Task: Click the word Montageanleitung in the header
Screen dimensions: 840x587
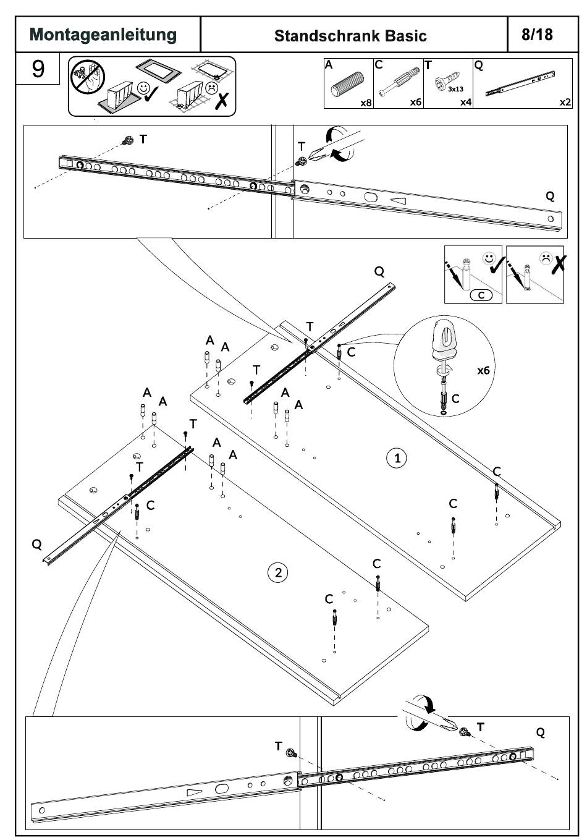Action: [103, 35]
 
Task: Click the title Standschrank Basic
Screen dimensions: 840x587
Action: [350, 36]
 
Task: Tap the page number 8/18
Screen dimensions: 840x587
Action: [537, 34]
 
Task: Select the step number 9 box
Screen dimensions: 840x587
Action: [38, 68]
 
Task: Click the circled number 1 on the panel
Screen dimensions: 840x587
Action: [397, 458]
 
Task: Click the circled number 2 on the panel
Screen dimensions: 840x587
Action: [277, 572]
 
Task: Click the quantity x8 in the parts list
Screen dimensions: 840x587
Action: [366, 103]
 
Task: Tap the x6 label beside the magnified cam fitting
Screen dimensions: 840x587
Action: [483, 370]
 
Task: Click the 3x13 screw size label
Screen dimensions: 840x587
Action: [456, 89]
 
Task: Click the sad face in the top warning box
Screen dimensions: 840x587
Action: [212, 88]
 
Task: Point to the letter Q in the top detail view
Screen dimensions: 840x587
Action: [550, 197]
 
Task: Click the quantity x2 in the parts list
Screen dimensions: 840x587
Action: [565, 103]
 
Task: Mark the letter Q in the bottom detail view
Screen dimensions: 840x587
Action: [541, 732]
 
